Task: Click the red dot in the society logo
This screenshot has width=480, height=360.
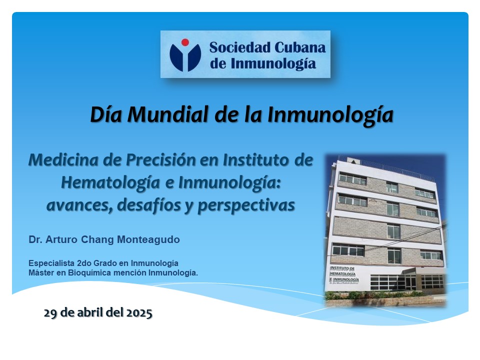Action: click(185, 42)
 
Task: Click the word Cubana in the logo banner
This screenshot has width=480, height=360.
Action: click(299, 47)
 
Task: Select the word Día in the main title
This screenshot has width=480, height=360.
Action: click(106, 115)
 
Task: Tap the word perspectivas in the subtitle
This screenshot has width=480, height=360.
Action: click(246, 205)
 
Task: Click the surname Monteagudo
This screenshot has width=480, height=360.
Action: click(148, 239)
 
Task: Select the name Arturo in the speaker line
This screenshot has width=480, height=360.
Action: click(61, 239)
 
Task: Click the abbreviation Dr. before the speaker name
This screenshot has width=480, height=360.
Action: click(35, 239)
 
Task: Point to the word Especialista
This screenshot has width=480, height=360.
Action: click(51, 263)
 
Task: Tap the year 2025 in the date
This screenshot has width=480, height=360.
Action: click(139, 313)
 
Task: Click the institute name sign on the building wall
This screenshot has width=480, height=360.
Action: click(344, 274)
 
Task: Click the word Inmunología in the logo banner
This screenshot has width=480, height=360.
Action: click(273, 64)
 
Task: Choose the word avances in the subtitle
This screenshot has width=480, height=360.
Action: click(79, 205)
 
